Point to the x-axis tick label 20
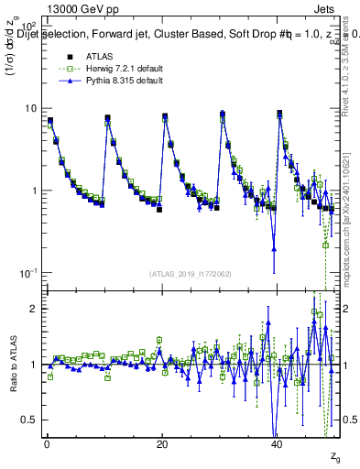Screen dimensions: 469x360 coord(162,444)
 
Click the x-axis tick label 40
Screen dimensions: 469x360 coord(277,444)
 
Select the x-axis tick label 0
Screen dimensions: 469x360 coord(47,444)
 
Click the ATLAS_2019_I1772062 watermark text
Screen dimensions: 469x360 coord(191,274)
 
